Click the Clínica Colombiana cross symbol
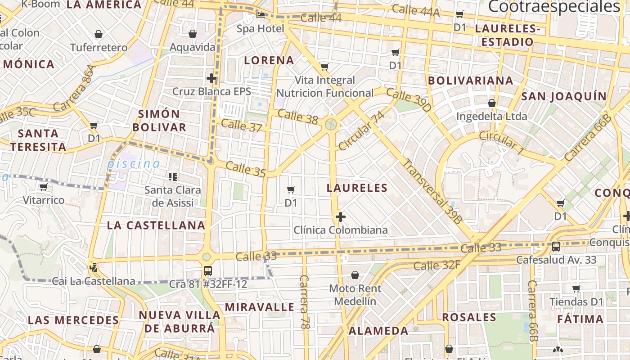(341, 217)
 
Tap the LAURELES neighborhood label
(357, 188)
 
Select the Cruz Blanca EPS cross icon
(211, 78)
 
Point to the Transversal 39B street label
(432, 191)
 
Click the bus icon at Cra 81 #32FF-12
(207, 271)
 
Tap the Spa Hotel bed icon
(261, 15)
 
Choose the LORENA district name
(269, 60)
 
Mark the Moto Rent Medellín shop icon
(355, 274)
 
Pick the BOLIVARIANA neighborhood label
(470, 81)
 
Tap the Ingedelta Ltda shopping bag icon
(492, 103)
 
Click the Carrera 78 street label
(304, 308)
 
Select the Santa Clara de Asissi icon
(173, 176)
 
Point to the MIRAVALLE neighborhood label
(260, 307)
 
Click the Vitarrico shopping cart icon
(43, 187)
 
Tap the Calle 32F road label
(436, 265)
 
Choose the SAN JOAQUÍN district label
(564, 96)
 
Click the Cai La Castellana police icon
(94, 268)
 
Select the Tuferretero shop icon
(99, 34)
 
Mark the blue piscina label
(133, 164)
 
